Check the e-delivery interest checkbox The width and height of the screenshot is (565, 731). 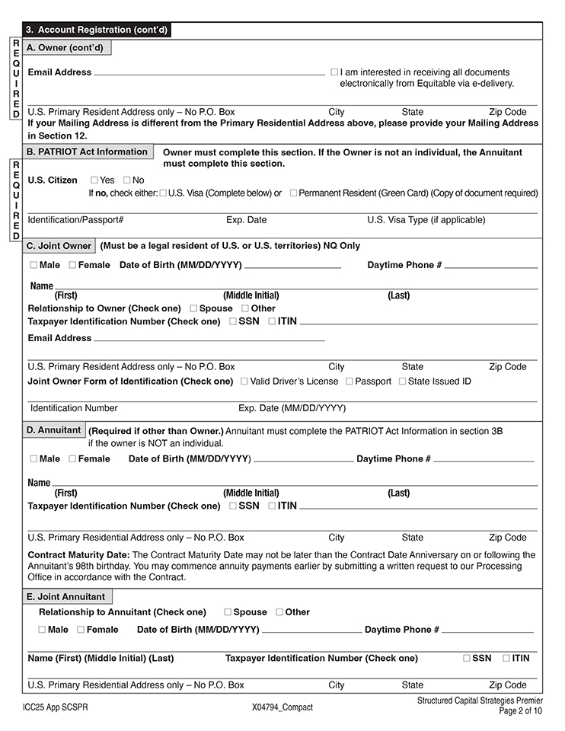click(334, 72)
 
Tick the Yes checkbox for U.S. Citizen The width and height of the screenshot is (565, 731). click(94, 180)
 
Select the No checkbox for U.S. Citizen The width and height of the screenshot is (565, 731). click(126, 180)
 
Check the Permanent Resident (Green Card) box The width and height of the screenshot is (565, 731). click(293, 193)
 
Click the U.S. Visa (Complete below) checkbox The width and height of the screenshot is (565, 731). click(164, 193)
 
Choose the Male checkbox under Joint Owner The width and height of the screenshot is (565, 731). click(34, 265)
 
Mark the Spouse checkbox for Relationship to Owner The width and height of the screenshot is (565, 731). click(193, 308)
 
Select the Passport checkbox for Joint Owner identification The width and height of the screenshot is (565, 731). click(350, 381)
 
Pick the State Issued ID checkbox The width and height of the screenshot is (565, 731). click(403, 381)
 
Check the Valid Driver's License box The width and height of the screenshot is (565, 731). click(244, 381)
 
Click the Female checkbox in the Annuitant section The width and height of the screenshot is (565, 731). click(72, 459)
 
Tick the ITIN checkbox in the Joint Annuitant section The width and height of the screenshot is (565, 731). click(506, 659)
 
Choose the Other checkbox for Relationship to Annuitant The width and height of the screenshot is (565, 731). click(279, 612)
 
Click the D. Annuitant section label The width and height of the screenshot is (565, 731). click(53, 430)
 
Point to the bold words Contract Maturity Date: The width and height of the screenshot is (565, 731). click(78, 555)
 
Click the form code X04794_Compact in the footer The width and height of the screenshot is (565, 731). click(282, 707)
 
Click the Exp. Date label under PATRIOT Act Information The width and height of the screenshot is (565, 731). click(246, 220)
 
